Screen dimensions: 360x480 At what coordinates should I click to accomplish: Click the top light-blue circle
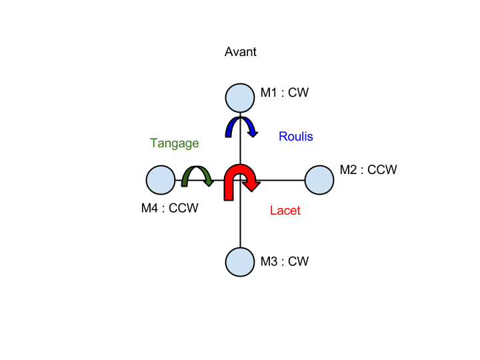(240, 98)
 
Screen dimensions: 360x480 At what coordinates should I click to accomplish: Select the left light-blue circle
(161, 180)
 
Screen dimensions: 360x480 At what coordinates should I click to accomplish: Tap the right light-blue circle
(319, 180)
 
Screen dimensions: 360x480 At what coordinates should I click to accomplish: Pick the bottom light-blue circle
(240, 262)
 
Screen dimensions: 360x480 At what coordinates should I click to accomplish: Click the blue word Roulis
(296, 137)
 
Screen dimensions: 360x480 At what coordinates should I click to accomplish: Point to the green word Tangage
(174, 143)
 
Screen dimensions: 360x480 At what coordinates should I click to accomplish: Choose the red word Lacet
(285, 211)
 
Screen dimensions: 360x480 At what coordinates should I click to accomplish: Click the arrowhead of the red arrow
(251, 186)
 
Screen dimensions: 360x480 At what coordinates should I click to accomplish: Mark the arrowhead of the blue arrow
(252, 133)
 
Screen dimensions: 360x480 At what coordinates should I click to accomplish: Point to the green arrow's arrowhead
(209, 182)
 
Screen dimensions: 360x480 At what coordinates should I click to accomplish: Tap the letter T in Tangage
(153, 143)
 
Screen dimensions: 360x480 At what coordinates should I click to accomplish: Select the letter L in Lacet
(273, 211)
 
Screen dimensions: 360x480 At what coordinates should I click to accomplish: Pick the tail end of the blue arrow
(228, 134)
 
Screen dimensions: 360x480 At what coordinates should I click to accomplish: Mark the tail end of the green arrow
(185, 183)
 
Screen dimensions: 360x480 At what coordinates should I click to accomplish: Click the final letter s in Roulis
(310, 137)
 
